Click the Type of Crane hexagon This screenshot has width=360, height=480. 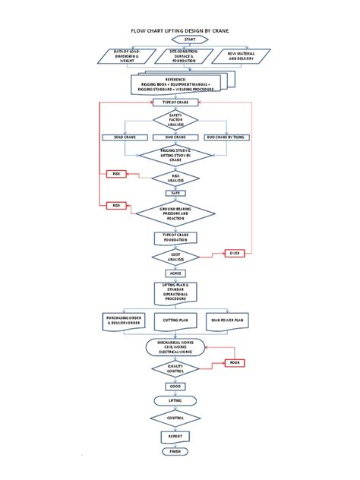tap(176, 101)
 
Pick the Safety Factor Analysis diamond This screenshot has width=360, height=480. tap(176, 119)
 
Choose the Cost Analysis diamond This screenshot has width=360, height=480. tap(176, 257)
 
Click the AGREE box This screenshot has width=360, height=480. tap(176, 272)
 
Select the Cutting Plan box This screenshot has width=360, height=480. tap(176, 321)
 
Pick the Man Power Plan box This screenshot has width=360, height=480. tap(228, 321)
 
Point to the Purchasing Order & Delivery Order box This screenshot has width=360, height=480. tap(124, 321)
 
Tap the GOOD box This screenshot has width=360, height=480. tap(176, 386)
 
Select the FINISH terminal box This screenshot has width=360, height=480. tap(176, 451)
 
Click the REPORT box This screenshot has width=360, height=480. tap(176, 436)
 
